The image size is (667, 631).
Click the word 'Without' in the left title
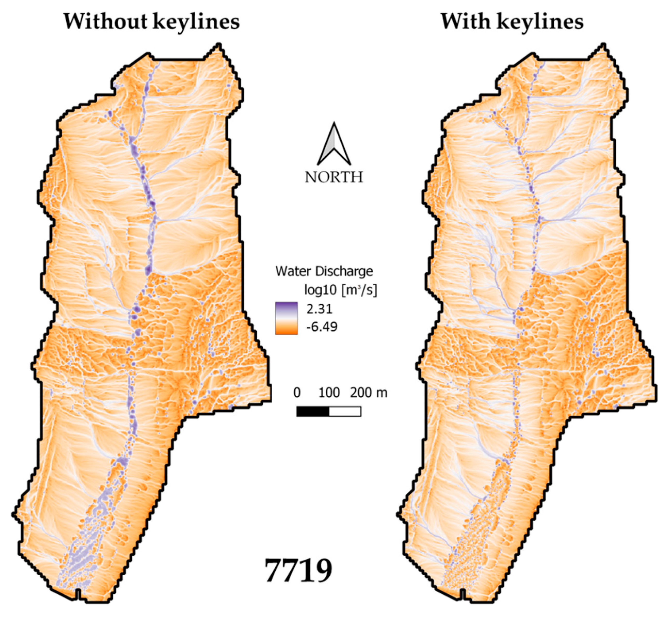105,22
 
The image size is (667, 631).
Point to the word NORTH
334,177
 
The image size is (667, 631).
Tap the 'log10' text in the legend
320,289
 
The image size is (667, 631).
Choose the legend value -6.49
321,326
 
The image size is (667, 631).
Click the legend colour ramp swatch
286,318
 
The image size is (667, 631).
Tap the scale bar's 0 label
297,393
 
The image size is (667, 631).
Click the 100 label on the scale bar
329,393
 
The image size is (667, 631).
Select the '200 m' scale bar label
369,393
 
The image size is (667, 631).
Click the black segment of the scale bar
313,411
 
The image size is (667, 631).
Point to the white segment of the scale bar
345,411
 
